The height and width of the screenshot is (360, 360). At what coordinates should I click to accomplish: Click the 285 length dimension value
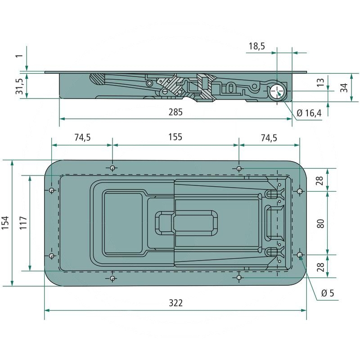175,112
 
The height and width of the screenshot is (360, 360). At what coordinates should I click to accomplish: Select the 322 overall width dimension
175,303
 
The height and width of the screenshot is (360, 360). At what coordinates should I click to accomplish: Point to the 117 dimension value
24,223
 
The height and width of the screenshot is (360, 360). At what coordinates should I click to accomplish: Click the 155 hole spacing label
175,138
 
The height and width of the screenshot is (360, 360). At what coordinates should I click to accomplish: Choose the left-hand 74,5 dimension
82,138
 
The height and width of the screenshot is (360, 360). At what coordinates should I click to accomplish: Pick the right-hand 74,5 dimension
269,138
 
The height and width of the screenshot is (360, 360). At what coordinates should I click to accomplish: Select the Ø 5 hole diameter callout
328,293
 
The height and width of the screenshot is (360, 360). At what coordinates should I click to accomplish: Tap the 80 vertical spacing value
321,223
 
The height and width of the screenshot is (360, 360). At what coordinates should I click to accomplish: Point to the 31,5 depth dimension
19,85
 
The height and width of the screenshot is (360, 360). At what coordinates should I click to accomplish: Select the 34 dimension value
344,88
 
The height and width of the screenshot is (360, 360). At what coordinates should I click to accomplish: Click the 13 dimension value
321,82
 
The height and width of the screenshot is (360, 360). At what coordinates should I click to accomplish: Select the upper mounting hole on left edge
52,190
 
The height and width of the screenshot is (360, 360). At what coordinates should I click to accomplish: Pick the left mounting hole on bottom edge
112,278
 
